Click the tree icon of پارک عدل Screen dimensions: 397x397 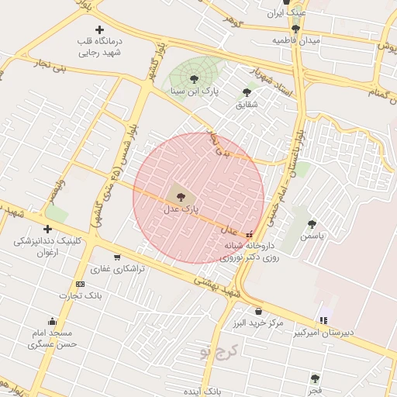pyautogui.click(x=181, y=197)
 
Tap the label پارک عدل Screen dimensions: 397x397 pyautogui.click(x=181, y=209)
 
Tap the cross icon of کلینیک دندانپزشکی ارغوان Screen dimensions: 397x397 pyautogui.click(x=48, y=229)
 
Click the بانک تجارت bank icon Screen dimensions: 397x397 pyautogui.click(x=80, y=284)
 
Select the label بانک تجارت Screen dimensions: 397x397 pyautogui.click(x=81, y=296)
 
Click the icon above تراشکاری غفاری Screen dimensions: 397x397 pyautogui.click(x=117, y=257)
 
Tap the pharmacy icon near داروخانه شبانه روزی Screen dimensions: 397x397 pyautogui.click(x=249, y=233)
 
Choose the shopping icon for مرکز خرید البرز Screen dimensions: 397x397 pyautogui.click(x=257, y=310)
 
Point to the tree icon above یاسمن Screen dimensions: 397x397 pyautogui.click(x=312, y=223)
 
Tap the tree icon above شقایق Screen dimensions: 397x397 pyautogui.click(x=247, y=92)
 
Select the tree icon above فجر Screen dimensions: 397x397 pyautogui.click(x=315, y=378)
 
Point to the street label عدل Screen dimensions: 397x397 pyautogui.click(x=230, y=230)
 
